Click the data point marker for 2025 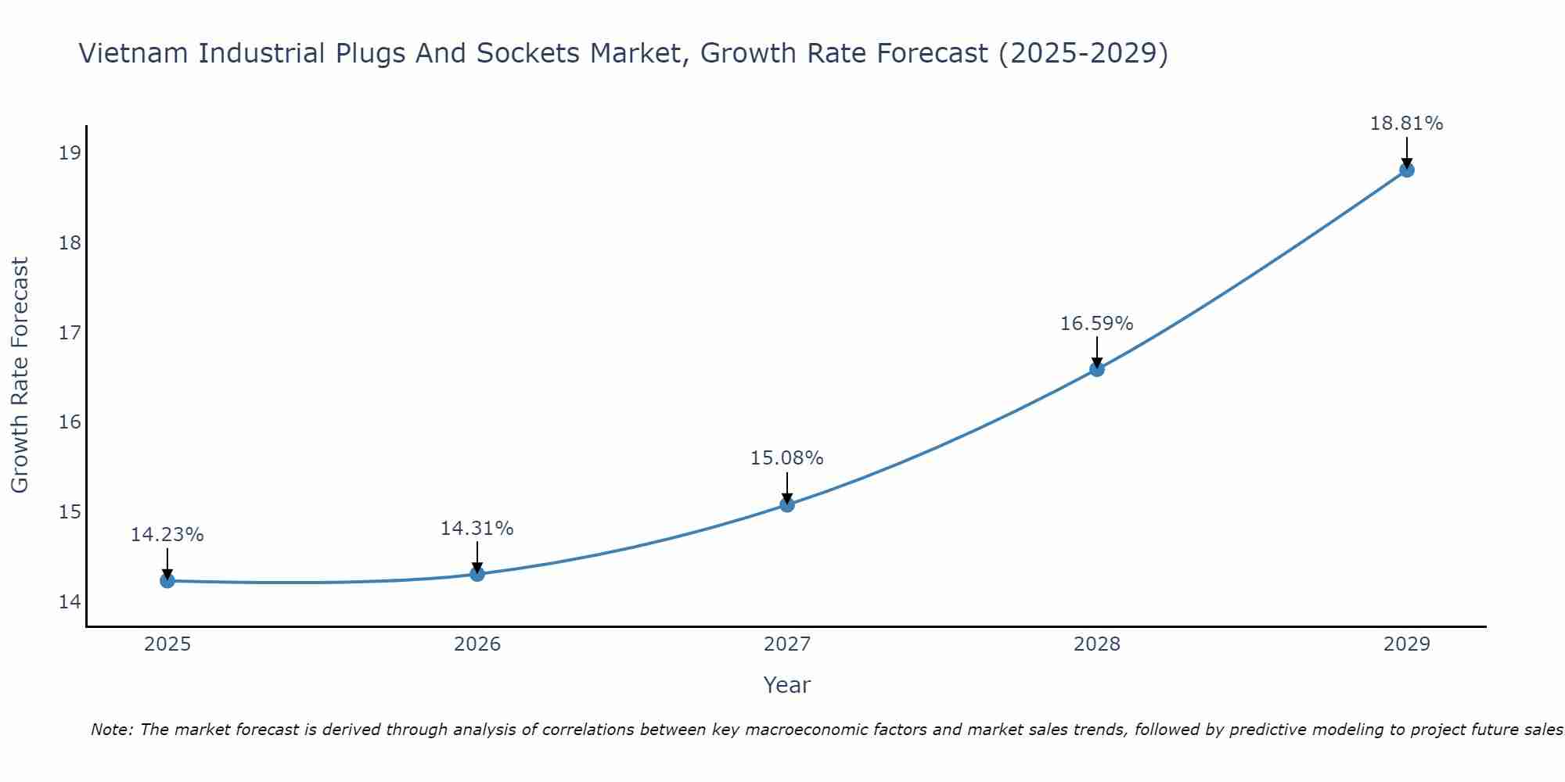(167, 580)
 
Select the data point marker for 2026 (477, 574)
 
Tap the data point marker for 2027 (786, 504)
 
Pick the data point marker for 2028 (1096, 369)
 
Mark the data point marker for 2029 (1406, 170)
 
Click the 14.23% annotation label (167, 535)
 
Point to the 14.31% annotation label (477, 529)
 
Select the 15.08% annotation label (786, 458)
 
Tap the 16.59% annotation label (1096, 324)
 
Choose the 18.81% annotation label (1406, 124)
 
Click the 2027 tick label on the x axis (786, 644)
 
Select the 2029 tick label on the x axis (1406, 644)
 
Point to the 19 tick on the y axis (70, 152)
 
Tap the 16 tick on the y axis (70, 422)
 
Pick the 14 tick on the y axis (70, 602)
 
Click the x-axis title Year (786, 685)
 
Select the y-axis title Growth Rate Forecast (20, 375)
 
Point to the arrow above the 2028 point (1096, 350)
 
